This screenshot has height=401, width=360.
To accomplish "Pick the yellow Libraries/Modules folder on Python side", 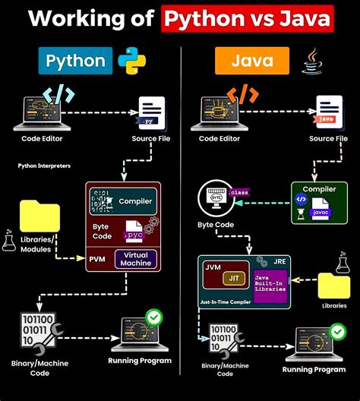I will tap(39, 216).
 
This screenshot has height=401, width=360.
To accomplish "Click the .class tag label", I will tap(237, 192).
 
